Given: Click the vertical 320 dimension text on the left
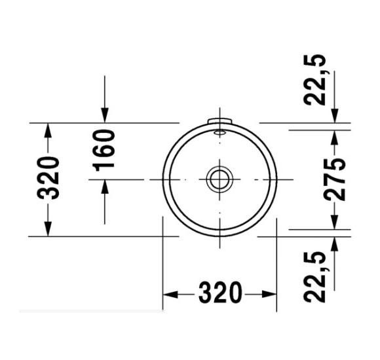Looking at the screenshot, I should (x=49, y=178).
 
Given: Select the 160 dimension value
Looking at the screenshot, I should (x=105, y=149).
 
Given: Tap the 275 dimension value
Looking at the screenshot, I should (x=335, y=179).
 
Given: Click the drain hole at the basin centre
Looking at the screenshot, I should (x=219, y=178).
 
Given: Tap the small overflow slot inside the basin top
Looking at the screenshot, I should (x=220, y=132).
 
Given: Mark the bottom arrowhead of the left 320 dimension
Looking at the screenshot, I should (x=48, y=228).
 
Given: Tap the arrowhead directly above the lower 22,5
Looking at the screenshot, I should (x=335, y=243).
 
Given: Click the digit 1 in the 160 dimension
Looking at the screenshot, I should (x=105, y=166).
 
